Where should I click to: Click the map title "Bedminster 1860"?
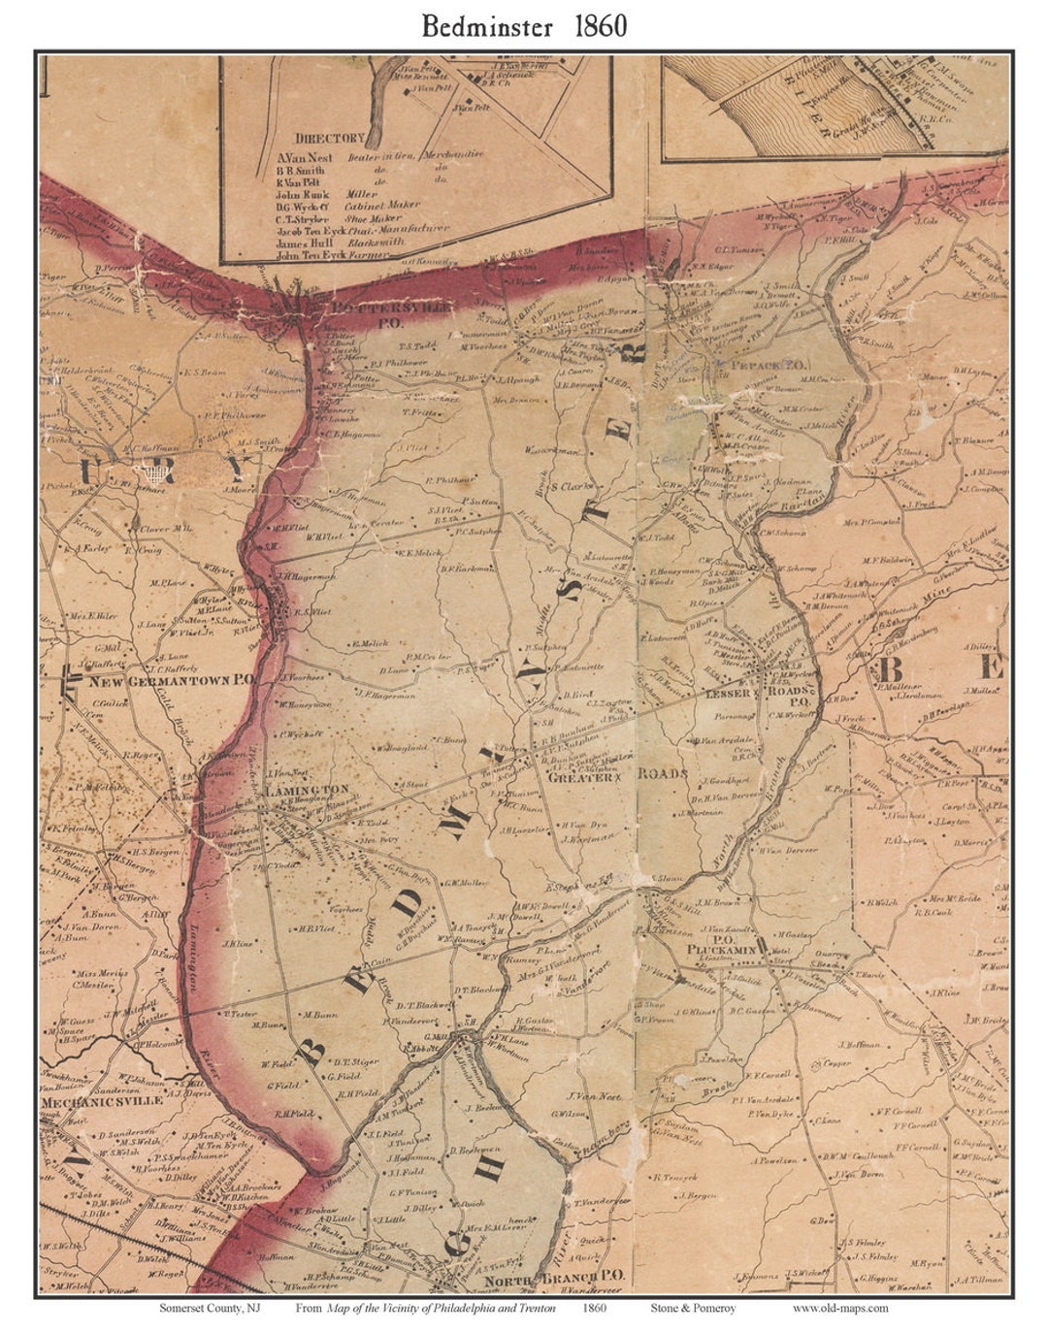click(x=524, y=26)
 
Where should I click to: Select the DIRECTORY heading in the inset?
click(x=330, y=139)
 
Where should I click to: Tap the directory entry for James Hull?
click(x=306, y=242)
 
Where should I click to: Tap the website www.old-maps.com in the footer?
click(x=839, y=1308)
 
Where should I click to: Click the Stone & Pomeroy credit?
click(x=692, y=1308)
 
